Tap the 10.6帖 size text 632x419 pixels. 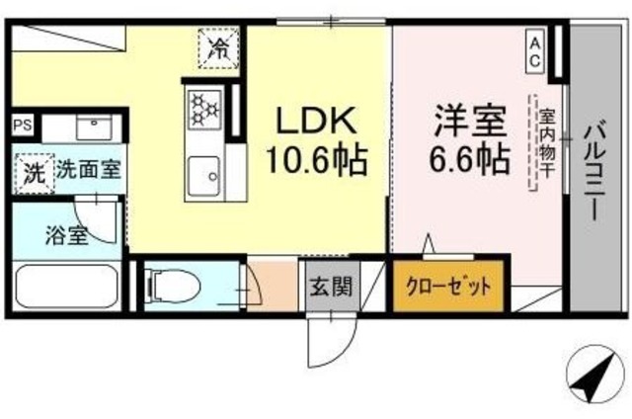(314, 158)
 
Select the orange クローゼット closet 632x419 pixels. (448, 288)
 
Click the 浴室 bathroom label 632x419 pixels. (65, 235)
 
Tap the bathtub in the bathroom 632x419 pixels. (65, 289)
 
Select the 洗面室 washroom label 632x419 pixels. (88, 169)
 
